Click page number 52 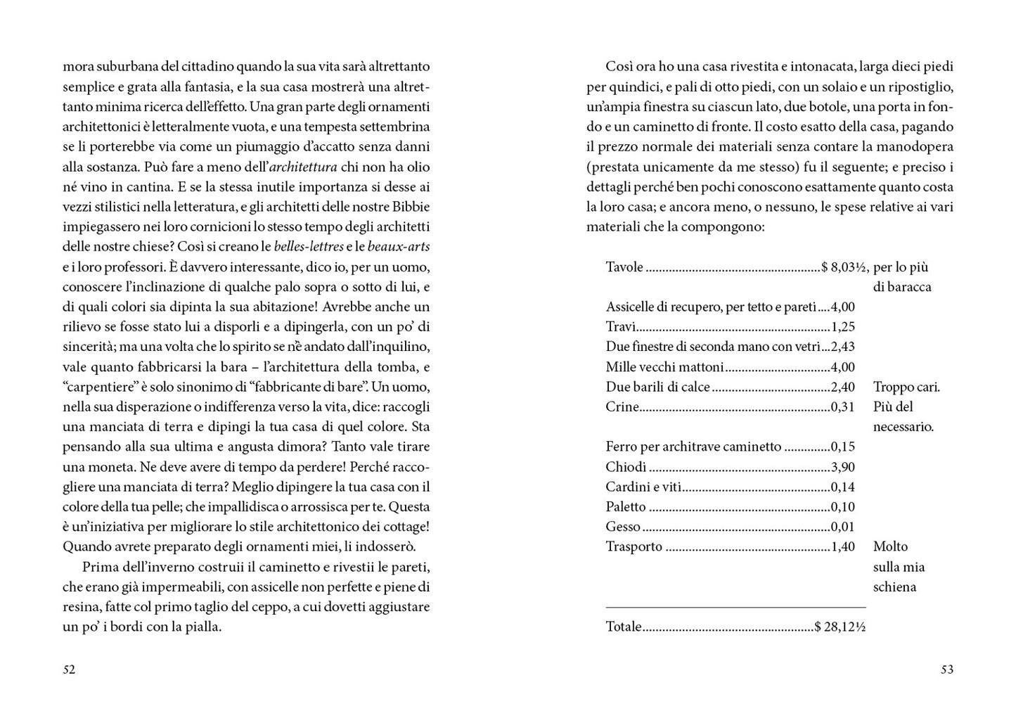click(x=69, y=670)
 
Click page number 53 click(x=946, y=670)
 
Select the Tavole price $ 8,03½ click(x=844, y=267)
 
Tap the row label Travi click(x=621, y=327)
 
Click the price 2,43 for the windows click(x=842, y=347)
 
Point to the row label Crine click(x=622, y=407)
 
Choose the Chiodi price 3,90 click(x=842, y=467)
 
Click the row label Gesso click(x=623, y=527)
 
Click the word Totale click(x=624, y=627)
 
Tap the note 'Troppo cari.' click(x=906, y=387)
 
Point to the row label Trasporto click(x=634, y=546)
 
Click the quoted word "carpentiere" click(x=96, y=387)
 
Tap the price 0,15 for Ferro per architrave click(x=842, y=447)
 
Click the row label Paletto click(x=625, y=507)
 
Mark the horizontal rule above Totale click(x=735, y=607)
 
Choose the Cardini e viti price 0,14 click(x=842, y=487)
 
